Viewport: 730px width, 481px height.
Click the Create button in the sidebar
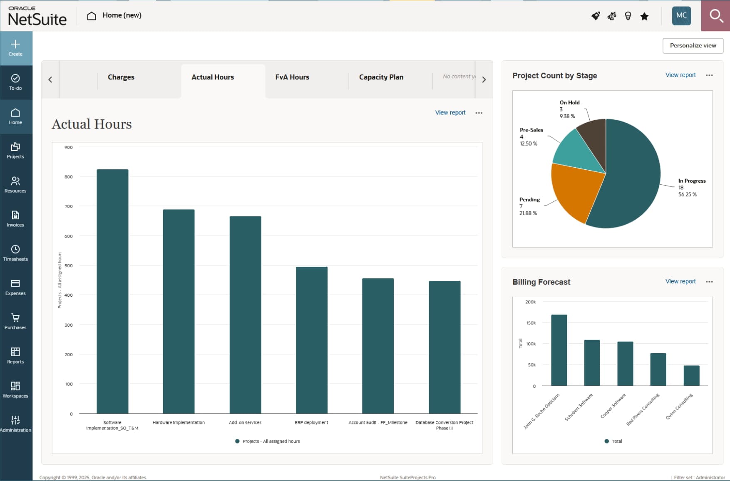15,48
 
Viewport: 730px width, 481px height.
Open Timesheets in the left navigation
15,253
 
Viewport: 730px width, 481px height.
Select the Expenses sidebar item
15,287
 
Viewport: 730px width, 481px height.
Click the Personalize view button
693,46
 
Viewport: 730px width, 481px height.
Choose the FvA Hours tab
292,77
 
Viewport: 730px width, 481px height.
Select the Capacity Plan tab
381,77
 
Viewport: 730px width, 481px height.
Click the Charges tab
121,77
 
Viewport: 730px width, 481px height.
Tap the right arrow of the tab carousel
484,79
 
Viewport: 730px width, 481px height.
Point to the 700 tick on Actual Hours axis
69,206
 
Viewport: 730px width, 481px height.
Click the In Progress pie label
692,181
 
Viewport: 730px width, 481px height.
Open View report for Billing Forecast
680,282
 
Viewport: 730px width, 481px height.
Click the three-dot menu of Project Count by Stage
709,75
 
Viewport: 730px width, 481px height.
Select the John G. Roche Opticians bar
559,350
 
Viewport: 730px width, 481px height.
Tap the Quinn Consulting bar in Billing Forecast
691,375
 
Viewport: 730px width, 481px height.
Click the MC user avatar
681,16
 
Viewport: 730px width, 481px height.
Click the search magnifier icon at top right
715,16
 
